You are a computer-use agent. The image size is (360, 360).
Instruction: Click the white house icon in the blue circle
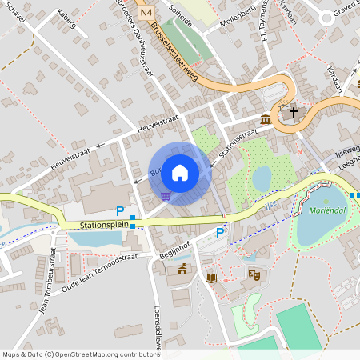click(x=180, y=172)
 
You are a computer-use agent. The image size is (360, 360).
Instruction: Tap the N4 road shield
click(x=145, y=12)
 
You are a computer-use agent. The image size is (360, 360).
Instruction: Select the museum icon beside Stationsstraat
click(x=265, y=119)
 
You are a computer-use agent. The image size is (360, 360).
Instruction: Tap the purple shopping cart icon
click(x=165, y=195)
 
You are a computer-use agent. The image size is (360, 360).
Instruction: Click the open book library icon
click(x=211, y=278)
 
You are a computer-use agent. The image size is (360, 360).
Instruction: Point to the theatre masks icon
click(x=255, y=274)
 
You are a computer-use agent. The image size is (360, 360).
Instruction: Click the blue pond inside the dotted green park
click(x=262, y=178)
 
